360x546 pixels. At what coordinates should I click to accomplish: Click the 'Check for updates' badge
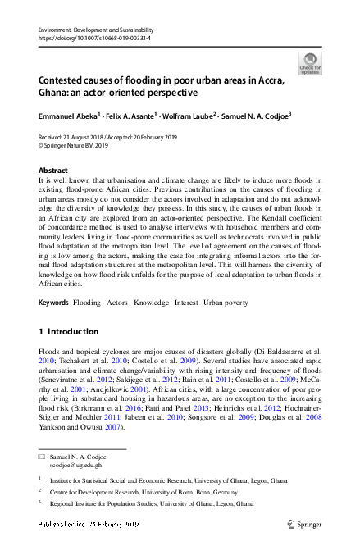pos(309,63)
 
